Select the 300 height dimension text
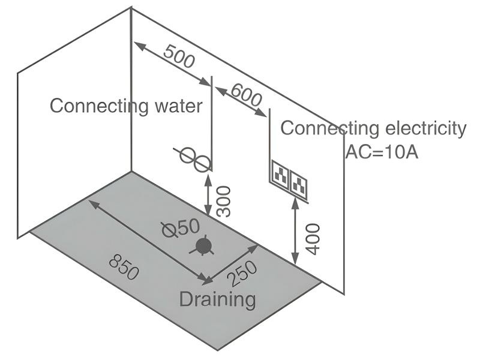click(223, 200)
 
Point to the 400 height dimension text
click(313, 239)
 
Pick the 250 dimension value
click(243, 274)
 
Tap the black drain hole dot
click(204, 246)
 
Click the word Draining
click(217, 298)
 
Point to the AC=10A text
click(381, 151)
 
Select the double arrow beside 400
click(296, 231)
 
